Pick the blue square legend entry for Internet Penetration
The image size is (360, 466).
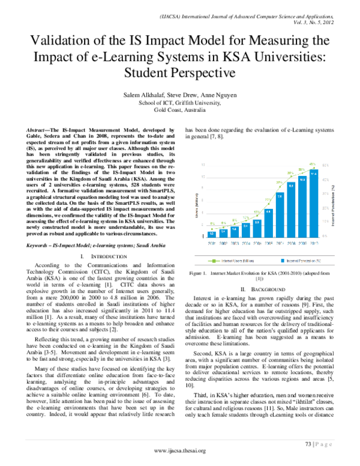point(284,261)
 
